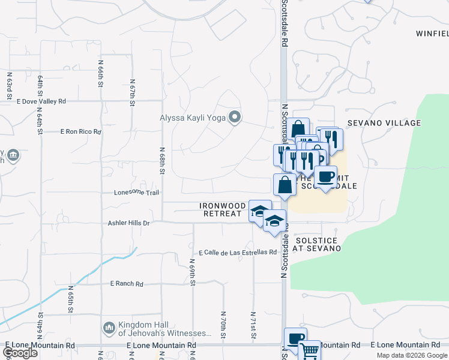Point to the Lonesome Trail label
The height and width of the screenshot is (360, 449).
[x=137, y=193]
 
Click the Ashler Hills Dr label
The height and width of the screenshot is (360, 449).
[x=128, y=223]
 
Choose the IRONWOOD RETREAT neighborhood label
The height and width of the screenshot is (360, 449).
[x=221, y=209]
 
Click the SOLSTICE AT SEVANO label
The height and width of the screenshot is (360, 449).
[x=318, y=244]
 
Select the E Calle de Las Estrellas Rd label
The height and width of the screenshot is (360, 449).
[x=237, y=252]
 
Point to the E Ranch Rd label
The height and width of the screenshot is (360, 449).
[x=127, y=284]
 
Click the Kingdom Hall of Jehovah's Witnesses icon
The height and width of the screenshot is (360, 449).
[x=109, y=327]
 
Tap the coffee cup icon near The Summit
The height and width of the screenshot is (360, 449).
[x=326, y=177]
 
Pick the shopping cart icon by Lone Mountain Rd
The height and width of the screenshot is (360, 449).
[x=310, y=350]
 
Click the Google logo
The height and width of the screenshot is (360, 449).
[x=20, y=353]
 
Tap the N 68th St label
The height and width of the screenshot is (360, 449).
[x=162, y=161]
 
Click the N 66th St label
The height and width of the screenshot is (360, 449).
[x=100, y=72]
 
